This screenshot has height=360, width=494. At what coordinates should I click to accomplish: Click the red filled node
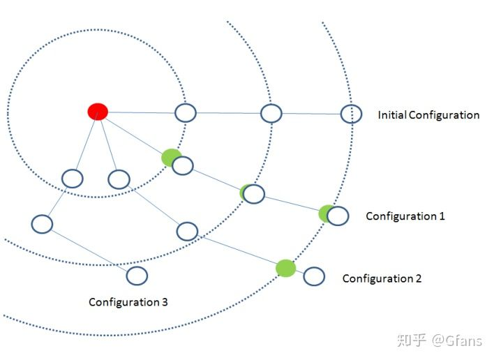[98, 112]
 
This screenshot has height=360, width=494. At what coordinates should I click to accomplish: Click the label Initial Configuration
[428, 114]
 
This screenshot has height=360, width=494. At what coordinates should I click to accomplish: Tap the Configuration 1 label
[405, 216]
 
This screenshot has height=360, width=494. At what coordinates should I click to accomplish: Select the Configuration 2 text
[382, 278]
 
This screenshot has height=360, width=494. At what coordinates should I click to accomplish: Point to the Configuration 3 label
[128, 302]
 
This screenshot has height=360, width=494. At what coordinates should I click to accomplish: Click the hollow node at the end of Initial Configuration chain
[351, 114]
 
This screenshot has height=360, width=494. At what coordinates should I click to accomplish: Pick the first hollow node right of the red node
[186, 112]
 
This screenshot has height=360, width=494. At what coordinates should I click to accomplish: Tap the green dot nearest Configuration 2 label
[285, 268]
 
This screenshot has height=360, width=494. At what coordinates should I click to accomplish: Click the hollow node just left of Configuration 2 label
[314, 276]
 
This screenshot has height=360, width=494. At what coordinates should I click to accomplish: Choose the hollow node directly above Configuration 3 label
[137, 276]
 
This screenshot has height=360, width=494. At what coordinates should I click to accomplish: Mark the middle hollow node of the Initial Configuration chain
[271, 113]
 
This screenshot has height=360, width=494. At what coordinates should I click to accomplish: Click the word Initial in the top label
[391, 114]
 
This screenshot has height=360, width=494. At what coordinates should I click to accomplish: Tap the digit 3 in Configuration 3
[164, 302]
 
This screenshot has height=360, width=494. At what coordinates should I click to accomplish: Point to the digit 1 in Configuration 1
[442, 216]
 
